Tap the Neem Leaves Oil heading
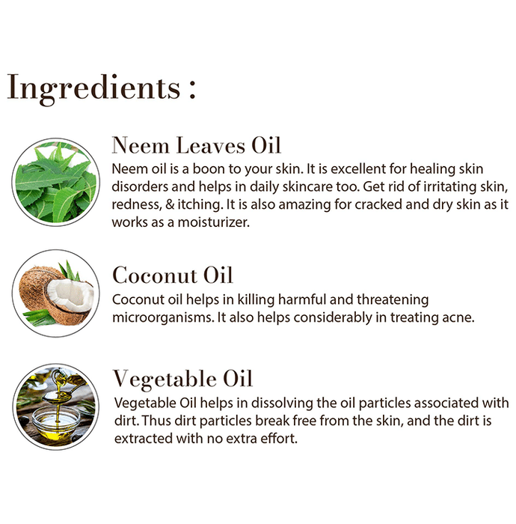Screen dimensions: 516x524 [x=196, y=145]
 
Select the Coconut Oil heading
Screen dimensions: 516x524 [x=172, y=275]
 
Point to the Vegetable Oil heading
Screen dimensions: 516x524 [x=182, y=380]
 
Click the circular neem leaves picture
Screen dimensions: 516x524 [x=56, y=182]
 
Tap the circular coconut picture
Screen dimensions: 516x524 [x=56, y=293]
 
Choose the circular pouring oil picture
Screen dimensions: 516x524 [x=56, y=406]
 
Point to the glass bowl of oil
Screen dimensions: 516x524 [x=56, y=424]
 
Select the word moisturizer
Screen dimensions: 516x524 [x=213, y=222]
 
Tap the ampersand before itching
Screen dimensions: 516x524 [x=170, y=204]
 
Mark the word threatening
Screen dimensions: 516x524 [x=393, y=300]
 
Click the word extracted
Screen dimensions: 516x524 [x=144, y=439]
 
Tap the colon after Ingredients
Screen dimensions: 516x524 [x=192, y=89]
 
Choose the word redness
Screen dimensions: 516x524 [x=137, y=204]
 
